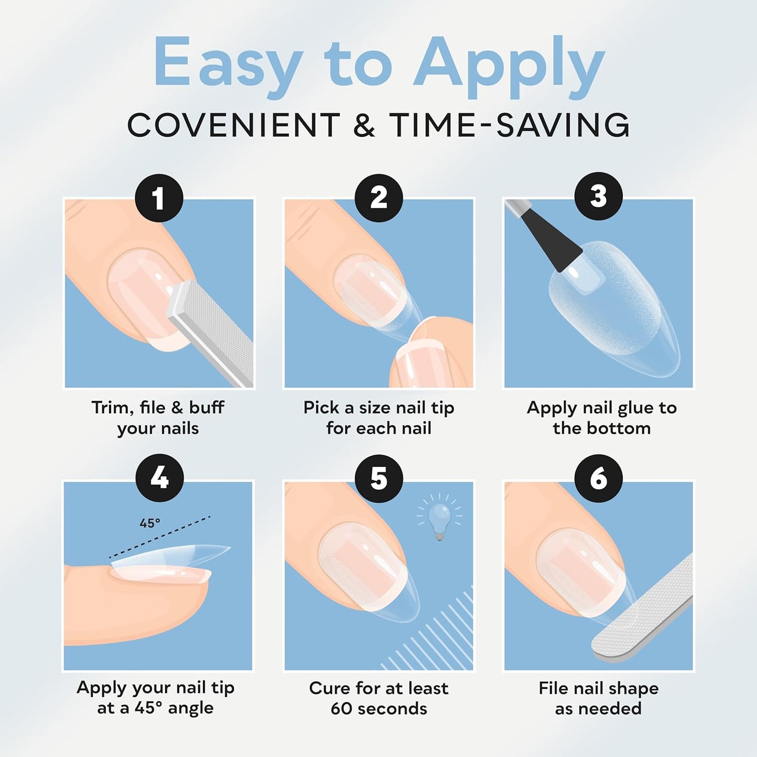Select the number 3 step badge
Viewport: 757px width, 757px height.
pos(598,196)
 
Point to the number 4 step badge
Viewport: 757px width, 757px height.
pos(159,479)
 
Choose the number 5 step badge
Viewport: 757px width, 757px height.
pos(379,479)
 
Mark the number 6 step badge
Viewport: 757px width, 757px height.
pos(598,479)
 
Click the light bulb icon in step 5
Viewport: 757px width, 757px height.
pos(440,517)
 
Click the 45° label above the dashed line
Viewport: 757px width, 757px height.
pos(150,523)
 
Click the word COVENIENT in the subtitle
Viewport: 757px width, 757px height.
pos(234,125)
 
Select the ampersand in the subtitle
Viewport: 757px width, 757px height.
pos(364,125)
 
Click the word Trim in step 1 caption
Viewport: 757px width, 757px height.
pos(111,408)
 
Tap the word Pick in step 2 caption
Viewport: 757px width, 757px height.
pos(321,408)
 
